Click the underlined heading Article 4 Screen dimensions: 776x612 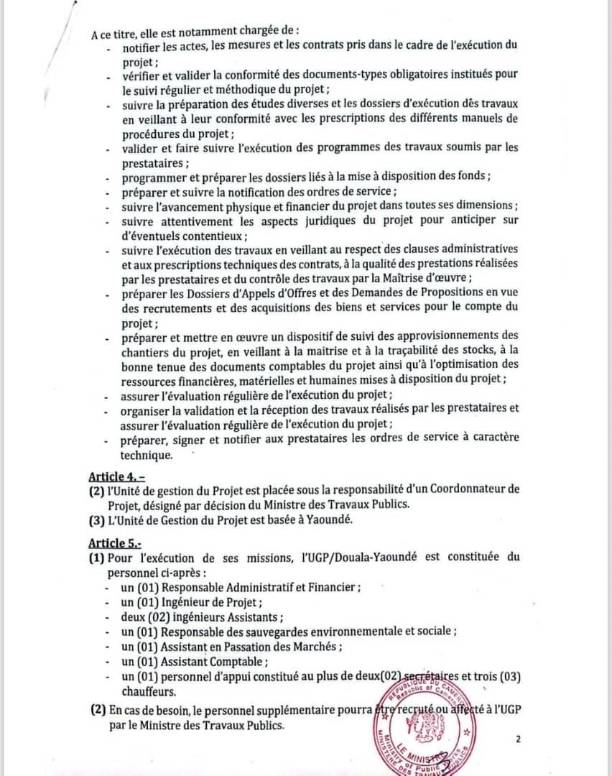tap(116, 476)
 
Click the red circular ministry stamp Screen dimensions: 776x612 tap(424, 733)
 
